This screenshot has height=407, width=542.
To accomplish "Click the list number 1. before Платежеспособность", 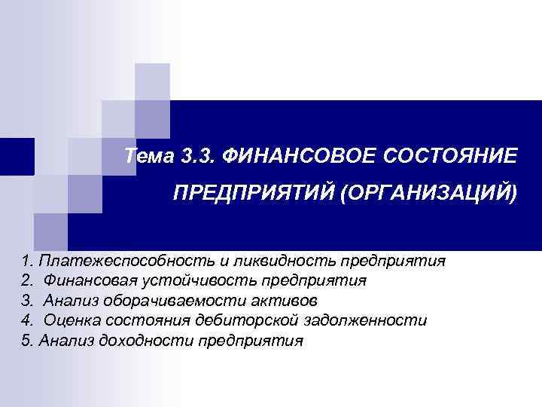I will pos(29,261).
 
